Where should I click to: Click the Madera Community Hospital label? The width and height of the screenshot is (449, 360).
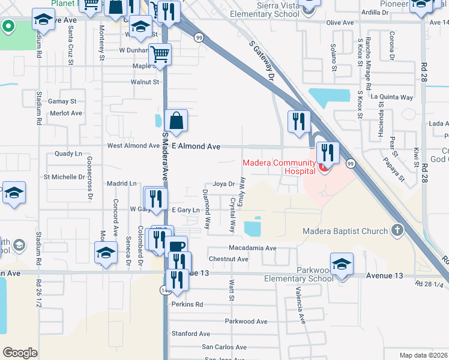tap(279, 167)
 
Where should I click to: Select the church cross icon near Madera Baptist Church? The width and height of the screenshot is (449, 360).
tap(396, 230)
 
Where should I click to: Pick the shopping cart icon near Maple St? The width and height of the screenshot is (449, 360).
tap(160, 55)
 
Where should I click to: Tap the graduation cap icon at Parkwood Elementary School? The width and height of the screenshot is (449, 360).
tap(342, 264)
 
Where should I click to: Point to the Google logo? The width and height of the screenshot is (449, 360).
tap(20, 353)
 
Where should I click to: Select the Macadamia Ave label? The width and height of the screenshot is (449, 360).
tap(252, 248)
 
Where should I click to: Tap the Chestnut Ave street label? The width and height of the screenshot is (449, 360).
tap(228, 259)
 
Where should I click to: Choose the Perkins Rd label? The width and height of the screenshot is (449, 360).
tap(187, 304)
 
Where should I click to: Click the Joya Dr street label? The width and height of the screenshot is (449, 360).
tap(223, 184)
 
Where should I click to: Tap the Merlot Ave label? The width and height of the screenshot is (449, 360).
tap(65, 113)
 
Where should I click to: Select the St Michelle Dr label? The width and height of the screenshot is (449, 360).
tap(64, 177)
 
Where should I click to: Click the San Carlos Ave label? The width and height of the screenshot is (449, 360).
tap(224, 347)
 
